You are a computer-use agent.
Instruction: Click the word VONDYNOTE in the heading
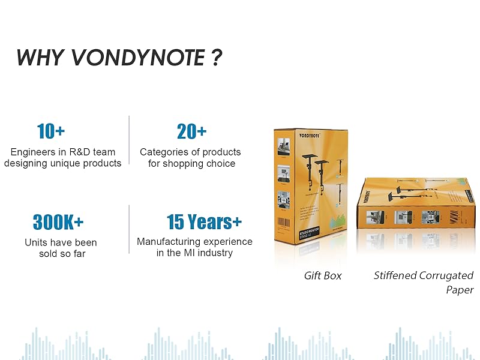(138, 58)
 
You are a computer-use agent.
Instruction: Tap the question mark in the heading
(217, 58)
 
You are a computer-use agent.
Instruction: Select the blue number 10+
(51, 131)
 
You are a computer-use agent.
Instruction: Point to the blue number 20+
(191, 131)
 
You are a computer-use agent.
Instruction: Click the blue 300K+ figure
(58, 222)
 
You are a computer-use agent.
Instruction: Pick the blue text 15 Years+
(204, 222)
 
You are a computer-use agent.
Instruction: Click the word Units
(37, 242)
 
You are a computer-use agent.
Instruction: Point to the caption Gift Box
(322, 275)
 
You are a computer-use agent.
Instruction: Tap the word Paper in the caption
(460, 290)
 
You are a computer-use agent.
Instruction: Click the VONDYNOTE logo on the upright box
(310, 136)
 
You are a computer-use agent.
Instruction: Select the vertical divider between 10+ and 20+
(129, 139)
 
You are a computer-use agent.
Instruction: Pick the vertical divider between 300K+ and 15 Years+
(129, 229)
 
